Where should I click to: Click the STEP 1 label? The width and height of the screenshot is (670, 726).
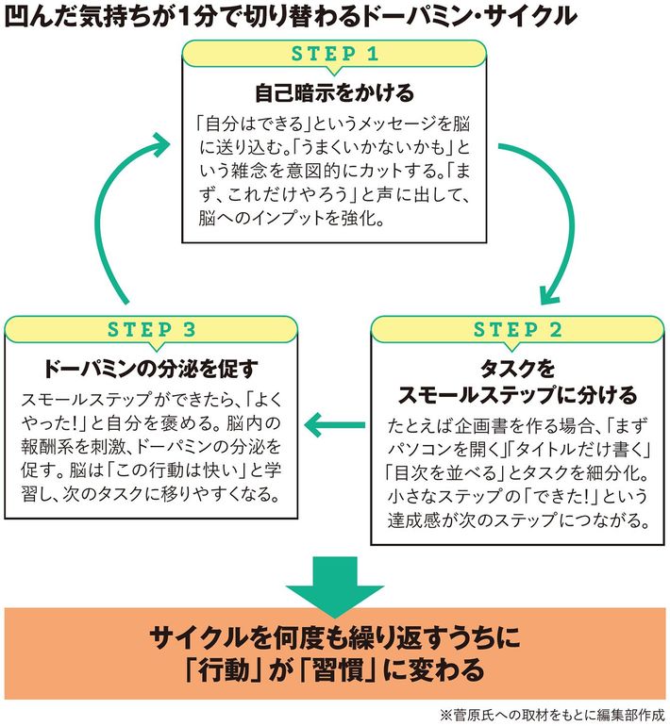tap(335, 54)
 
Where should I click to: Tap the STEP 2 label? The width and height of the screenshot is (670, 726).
tap(517, 330)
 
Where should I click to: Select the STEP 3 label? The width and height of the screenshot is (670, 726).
tap(152, 330)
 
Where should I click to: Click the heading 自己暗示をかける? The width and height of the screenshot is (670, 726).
tap(335, 92)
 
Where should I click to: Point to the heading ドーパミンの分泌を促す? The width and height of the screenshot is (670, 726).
tap(151, 369)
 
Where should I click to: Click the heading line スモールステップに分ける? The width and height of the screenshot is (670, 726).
tap(517, 395)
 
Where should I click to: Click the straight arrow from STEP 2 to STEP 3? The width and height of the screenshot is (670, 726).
tap(335, 424)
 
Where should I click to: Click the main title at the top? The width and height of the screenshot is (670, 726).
tap(291, 17)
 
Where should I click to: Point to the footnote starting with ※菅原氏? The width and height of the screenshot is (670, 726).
tap(552, 716)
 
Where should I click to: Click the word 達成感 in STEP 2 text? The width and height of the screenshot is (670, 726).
tap(414, 520)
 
